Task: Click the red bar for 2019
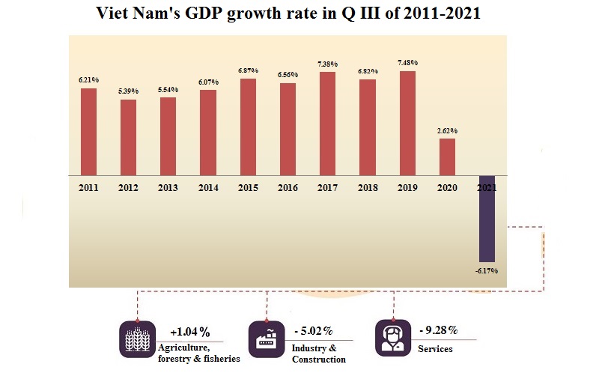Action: pyautogui.click(x=407, y=123)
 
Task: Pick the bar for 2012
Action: pyautogui.click(x=129, y=137)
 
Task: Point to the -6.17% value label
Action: pyautogui.click(x=486, y=270)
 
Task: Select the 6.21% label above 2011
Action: pyautogui.click(x=88, y=79)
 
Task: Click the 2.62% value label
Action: pyautogui.click(x=448, y=131)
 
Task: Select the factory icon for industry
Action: pyautogui.click(x=267, y=339)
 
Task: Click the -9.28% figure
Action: pyautogui.click(x=438, y=330)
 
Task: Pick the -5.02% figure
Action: pyautogui.click(x=313, y=330)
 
